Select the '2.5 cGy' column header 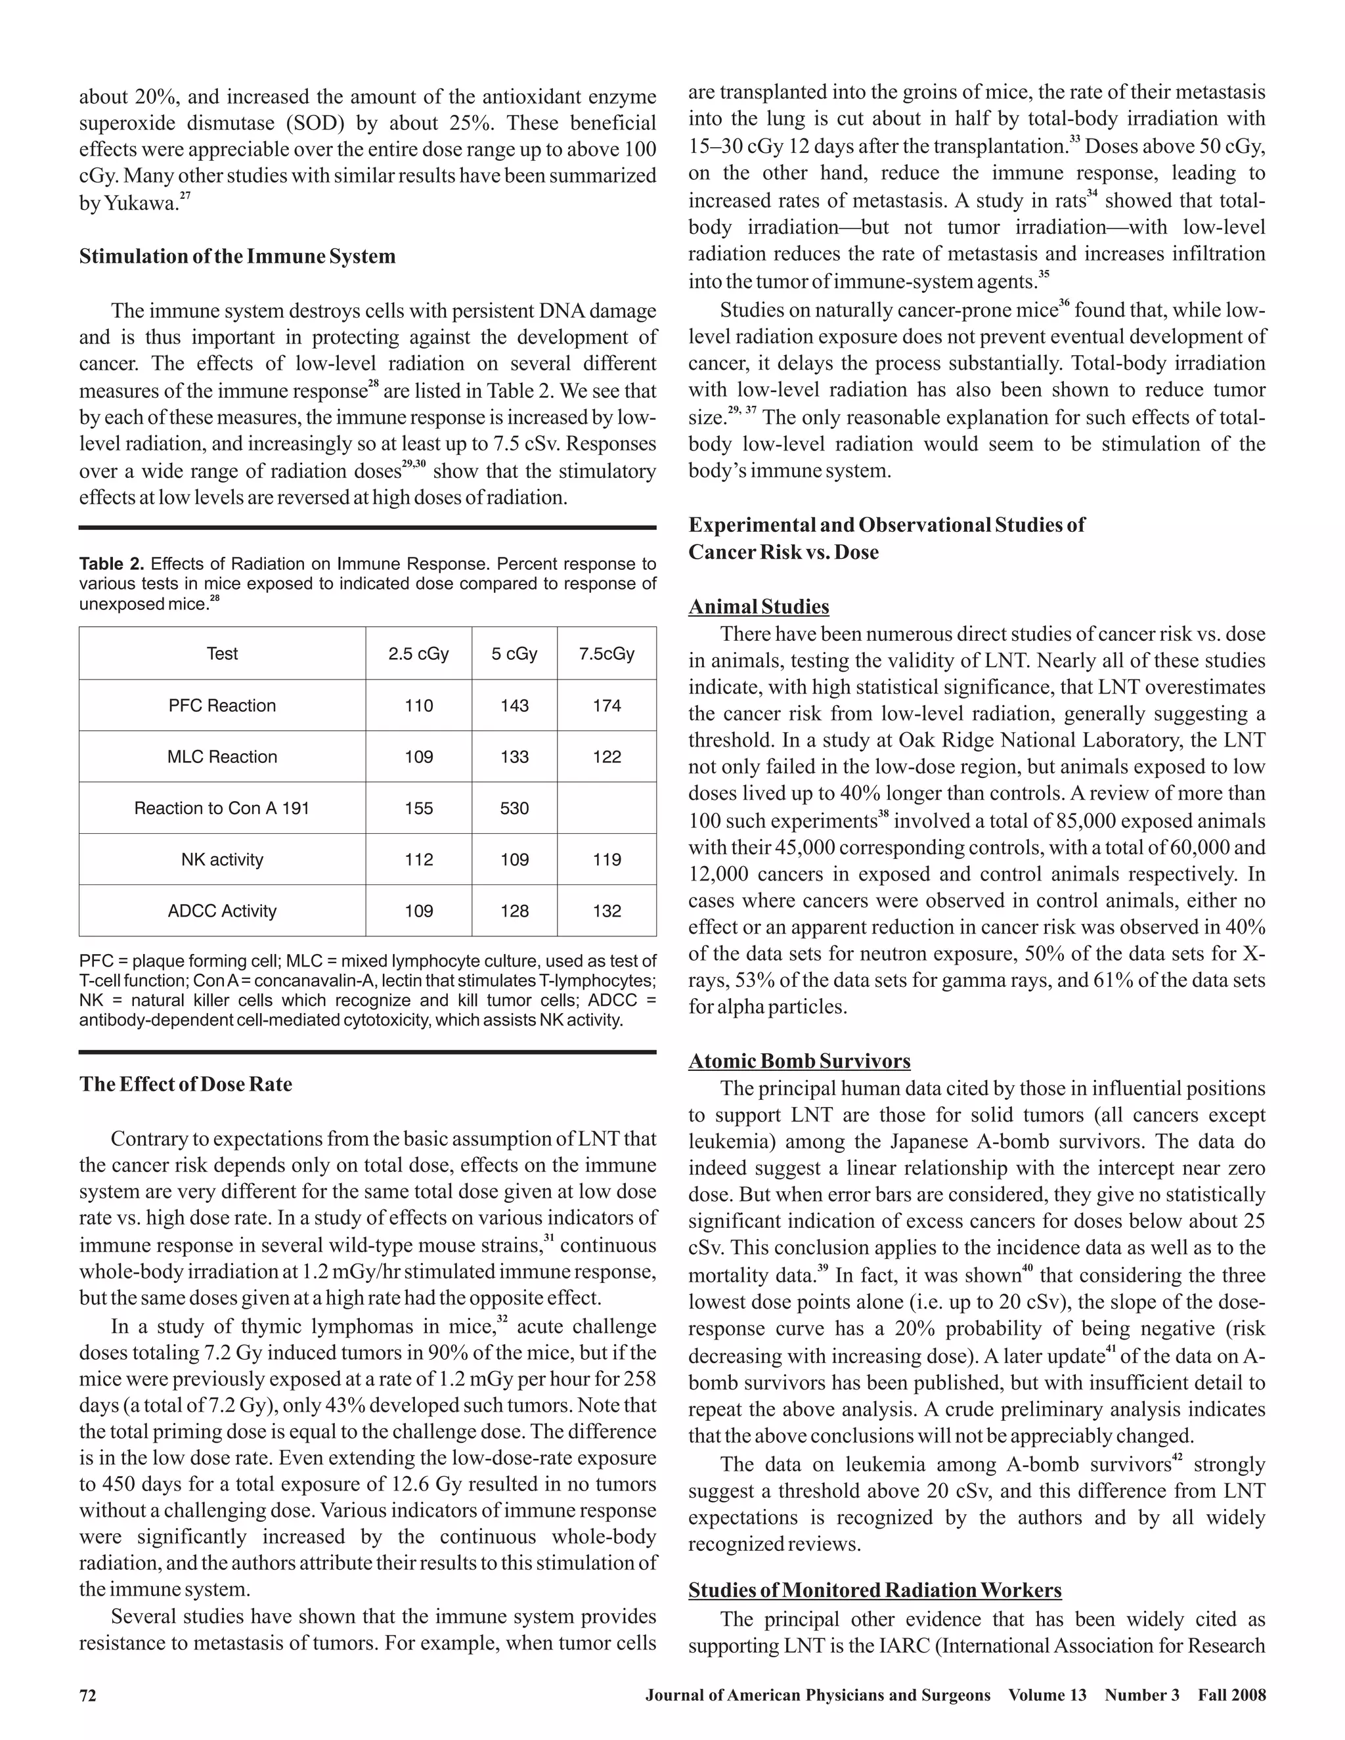pyautogui.click(x=418, y=654)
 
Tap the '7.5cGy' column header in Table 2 pyautogui.click(x=606, y=654)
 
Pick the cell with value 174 pyautogui.click(x=606, y=706)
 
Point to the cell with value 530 pyautogui.click(x=514, y=809)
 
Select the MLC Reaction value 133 pyautogui.click(x=514, y=757)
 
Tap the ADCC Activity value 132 pyautogui.click(x=606, y=911)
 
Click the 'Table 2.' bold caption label pyautogui.click(x=112, y=565)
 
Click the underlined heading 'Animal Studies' pyautogui.click(x=758, y=607)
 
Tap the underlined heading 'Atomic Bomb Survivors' pyautogui.click(x=799, y=1061)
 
